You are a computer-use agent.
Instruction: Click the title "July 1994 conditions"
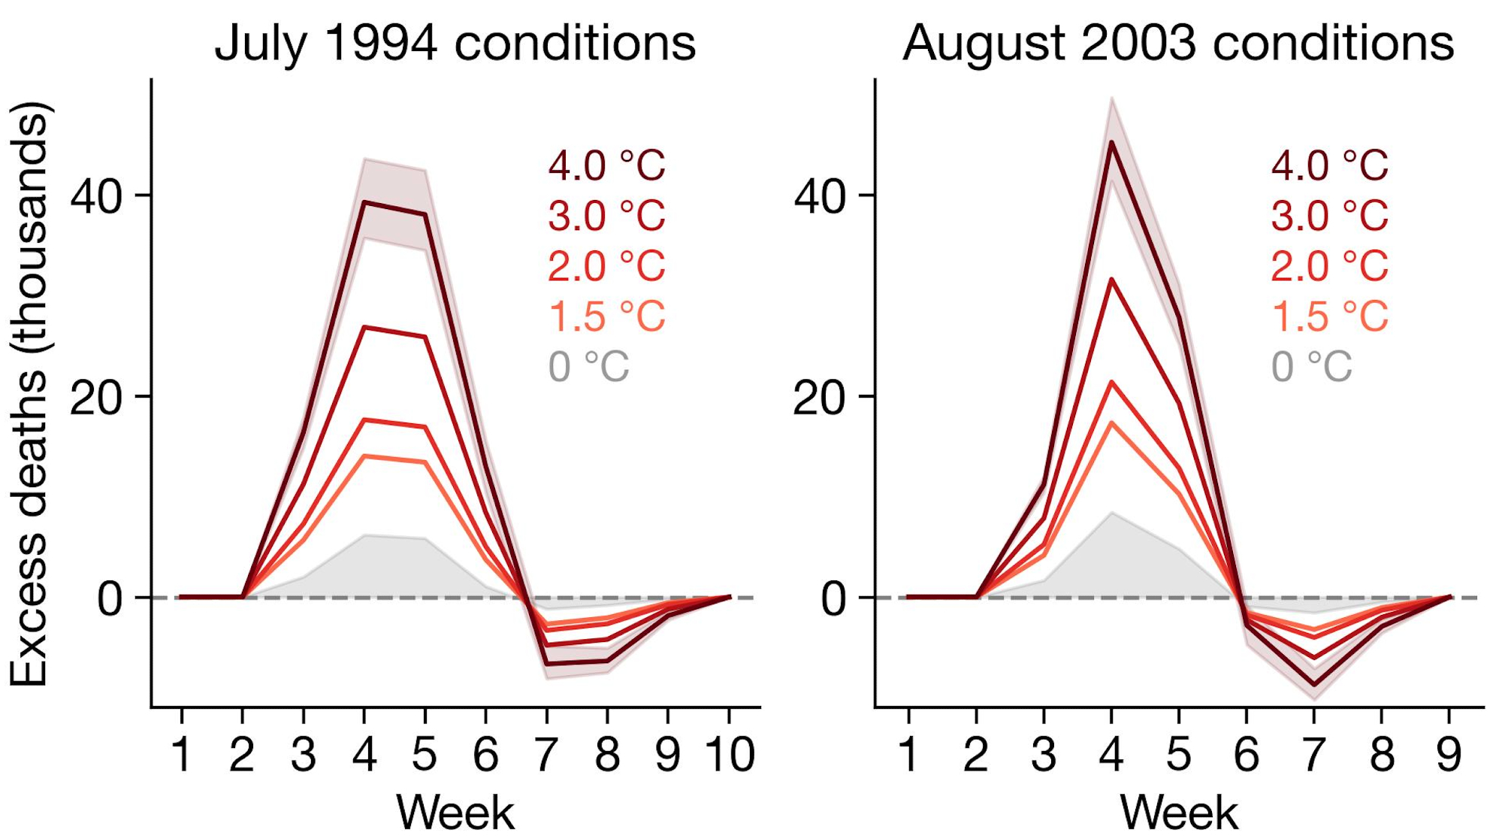click(x=455, y=43)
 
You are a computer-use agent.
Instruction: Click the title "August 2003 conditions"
click(x=1177, y=43)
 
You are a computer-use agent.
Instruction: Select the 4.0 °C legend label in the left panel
click(x=606, y=165)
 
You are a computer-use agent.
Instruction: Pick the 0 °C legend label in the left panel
click(x=588, y=367)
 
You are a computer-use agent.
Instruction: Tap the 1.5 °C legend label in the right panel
click(x=1329, y=317)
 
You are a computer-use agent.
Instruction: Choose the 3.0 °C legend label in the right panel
click(x=1329, y=216)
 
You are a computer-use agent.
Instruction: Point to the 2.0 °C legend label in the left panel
click(x=606, y=266)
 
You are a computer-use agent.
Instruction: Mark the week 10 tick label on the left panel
click(x=729, y=754)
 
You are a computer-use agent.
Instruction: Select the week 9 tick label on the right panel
click(x=1449, y=754)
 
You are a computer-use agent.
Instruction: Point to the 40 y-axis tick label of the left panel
click(x=95, y=196)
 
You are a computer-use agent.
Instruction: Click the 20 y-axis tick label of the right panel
click(x=819, y=398)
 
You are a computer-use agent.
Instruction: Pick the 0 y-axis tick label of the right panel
click(x=833, y=599)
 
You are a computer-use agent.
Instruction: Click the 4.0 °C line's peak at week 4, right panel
click(x=1111, y=142)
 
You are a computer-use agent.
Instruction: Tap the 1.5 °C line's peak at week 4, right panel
click(x=1111, y=423)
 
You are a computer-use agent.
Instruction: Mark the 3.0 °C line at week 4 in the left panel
click(x=364, y=327)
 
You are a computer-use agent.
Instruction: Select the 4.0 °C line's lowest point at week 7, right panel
click(x=1314, y=685)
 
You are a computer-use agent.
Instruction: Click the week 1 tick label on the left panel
click(x=181, y=754)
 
